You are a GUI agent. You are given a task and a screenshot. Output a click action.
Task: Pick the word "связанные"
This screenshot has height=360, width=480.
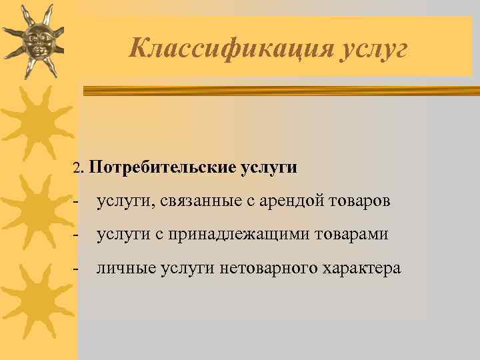pos(193,201)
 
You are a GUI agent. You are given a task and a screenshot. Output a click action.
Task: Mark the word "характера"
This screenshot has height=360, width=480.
pos(362,268)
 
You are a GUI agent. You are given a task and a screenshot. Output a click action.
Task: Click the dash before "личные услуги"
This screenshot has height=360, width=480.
pos(77,268)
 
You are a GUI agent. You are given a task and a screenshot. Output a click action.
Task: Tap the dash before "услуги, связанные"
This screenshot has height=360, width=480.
pos(77,201)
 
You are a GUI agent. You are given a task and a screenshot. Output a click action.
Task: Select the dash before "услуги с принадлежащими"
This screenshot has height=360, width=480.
pos(77,235)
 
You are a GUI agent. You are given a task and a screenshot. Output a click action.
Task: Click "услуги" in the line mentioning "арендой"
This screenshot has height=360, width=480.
pos(121,201)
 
